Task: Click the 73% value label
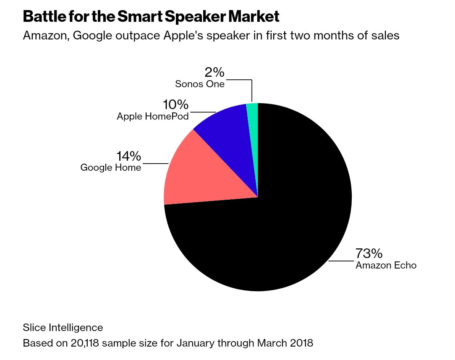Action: [x=369, y=253]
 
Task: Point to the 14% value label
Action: [x=128, y=157]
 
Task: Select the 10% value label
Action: [x=176, y=104]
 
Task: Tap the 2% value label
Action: [x=214, y=73]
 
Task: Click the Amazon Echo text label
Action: [x=386, y=265]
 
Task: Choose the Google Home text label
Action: [x=111, y=168]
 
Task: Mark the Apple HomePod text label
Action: [x=153, y=116]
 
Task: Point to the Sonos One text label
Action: [x=200, y=84]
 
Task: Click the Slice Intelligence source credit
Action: [x=63, y=327]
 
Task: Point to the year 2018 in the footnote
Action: [x=301, y=343]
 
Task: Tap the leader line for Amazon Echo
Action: [x=341, y=261]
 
